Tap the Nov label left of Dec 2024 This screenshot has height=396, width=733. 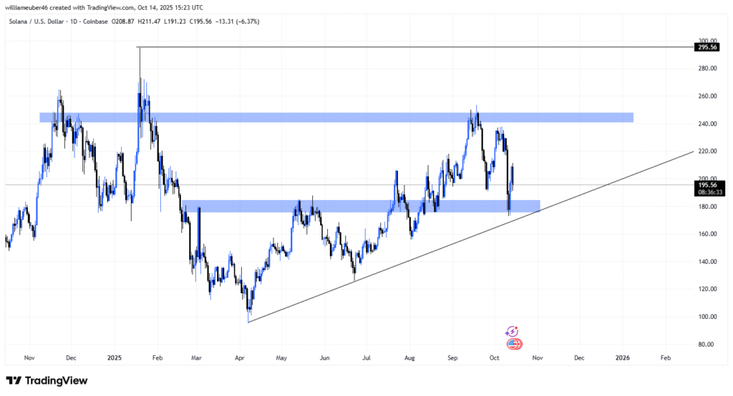[x=29, y=357]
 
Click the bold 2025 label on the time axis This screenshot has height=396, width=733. [x=114, y=357]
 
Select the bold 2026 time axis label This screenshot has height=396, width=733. [x=623, y=357]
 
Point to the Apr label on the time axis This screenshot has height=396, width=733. [x=240, y=357]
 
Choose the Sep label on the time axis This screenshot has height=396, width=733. [x=452, y=357]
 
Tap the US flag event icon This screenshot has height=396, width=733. [x=514, y=344]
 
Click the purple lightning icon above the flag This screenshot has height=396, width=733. [x=511, y=332]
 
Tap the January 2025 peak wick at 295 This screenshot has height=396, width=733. [x=140, y=48]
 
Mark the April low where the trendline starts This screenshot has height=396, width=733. [x=248, y=321]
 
